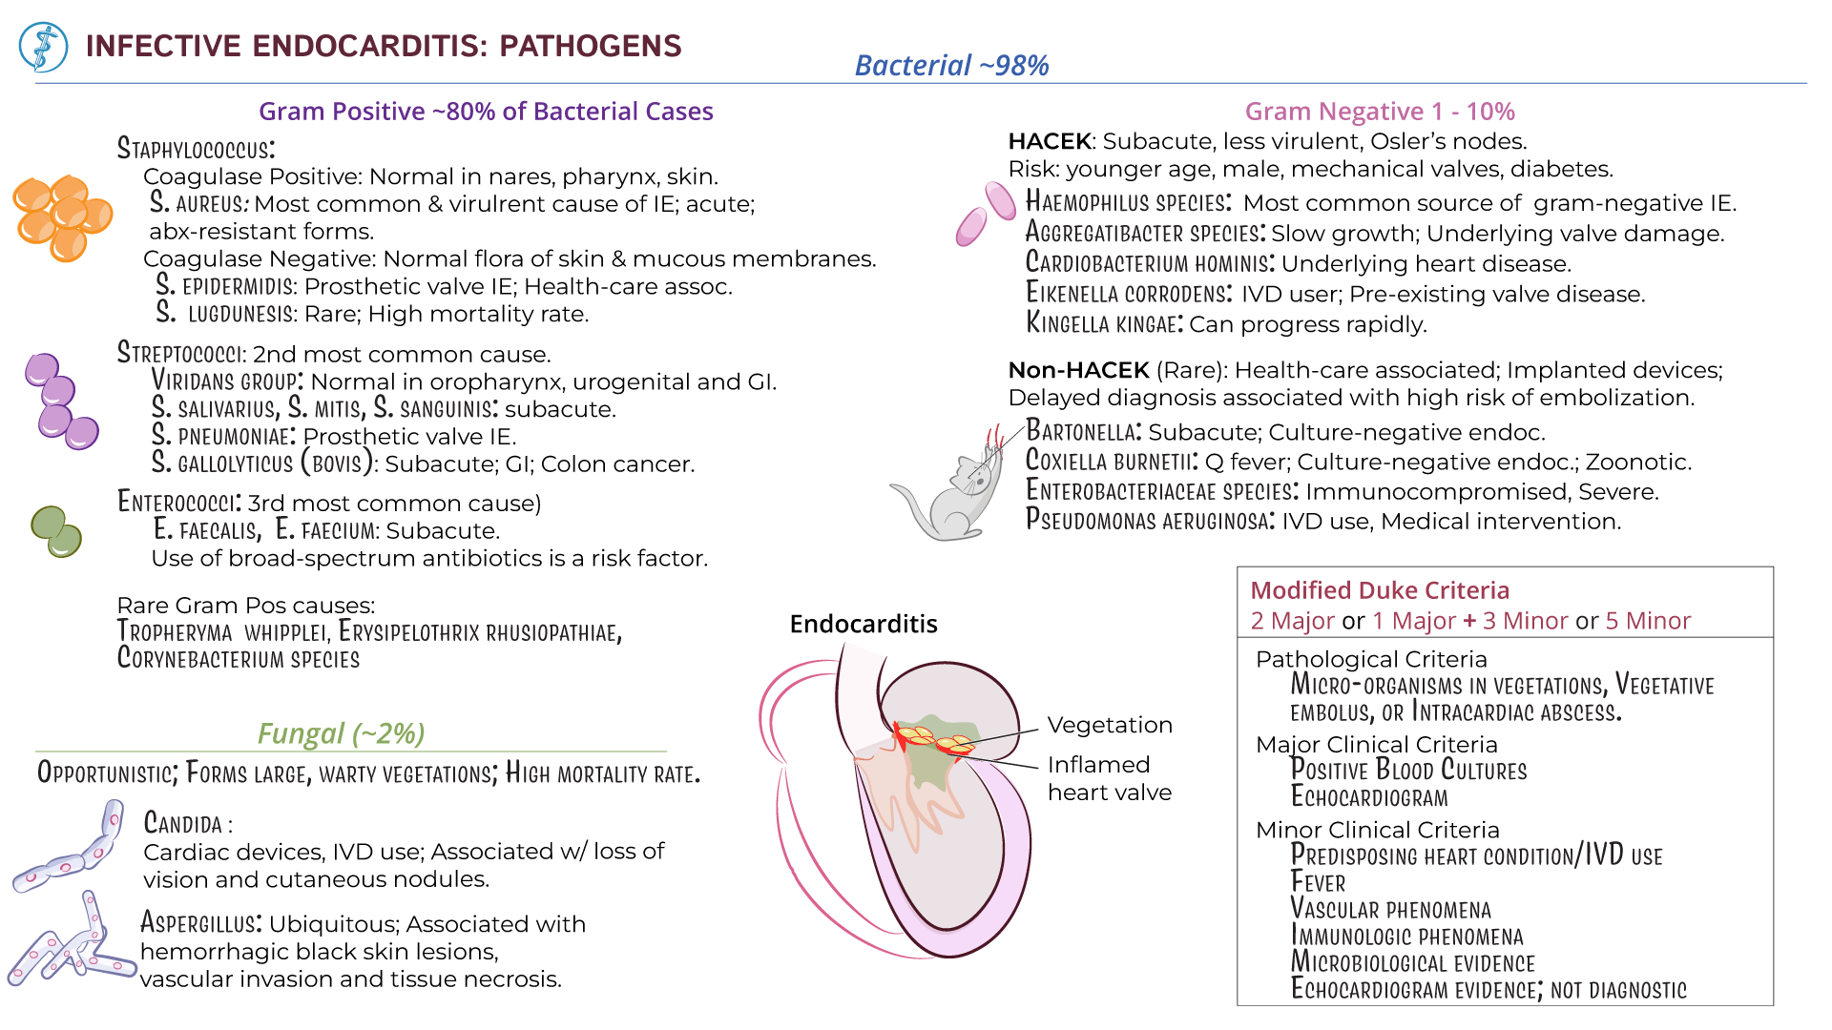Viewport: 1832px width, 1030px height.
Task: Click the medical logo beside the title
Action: click(44, 47)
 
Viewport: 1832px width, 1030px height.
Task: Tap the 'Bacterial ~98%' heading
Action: click(951, 65)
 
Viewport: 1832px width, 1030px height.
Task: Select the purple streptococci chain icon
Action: click(60, 401)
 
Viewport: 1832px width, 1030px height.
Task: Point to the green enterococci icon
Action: click(56, 530)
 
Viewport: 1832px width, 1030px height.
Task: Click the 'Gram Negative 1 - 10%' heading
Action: click(1379, 112)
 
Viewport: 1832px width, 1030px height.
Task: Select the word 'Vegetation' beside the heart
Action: click(1109, 725)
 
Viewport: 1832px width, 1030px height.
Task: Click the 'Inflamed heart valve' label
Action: click(1109, 778)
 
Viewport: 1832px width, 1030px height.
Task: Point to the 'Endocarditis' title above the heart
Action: click(863, 624)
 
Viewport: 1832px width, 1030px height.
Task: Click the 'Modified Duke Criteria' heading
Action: click(1379, 590)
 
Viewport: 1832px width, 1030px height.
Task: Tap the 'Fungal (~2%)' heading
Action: click(341, 733)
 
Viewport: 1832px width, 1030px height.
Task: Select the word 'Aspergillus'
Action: click(200, 923)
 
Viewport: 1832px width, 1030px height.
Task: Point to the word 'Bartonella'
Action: click(1083, 432)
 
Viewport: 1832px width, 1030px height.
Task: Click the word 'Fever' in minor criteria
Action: click(1318, 882)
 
